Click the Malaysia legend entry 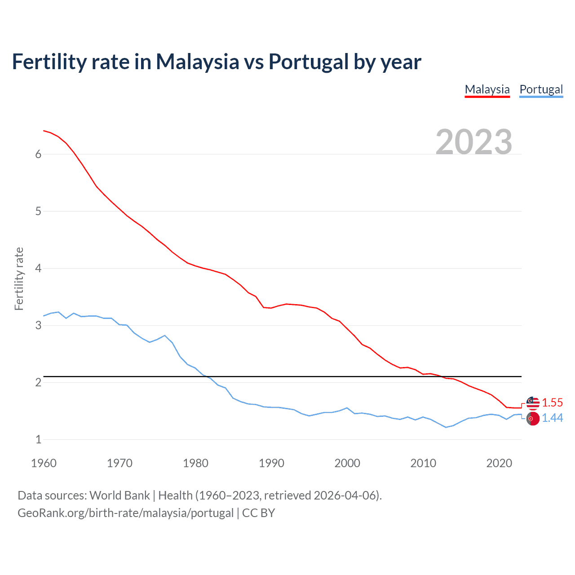click(x=487, y=89)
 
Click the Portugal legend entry click(x=541, y=89)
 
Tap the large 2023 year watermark click(x=473, y=142)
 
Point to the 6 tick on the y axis click(x=38, y=154)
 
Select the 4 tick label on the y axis click(x=38, y=268)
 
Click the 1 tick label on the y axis click(x=38, y=439)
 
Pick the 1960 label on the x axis click(x=44, y=463)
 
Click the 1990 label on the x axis click(x=271, y=463)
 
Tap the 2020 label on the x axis click(x=499, y=463)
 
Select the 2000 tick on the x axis click(x=347, y=463)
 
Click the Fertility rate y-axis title click(x=19, y=279)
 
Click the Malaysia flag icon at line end click(x=533, y=403)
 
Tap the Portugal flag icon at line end click(x=533, y=419)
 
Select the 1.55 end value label click(x=552, y=402)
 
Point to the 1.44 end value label click(x=552, y=418)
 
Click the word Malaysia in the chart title click(x=197, y=62)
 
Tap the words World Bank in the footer click(x=119, y=495)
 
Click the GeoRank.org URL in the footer click(x=125, y=513)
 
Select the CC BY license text click(x=258, y=513)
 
